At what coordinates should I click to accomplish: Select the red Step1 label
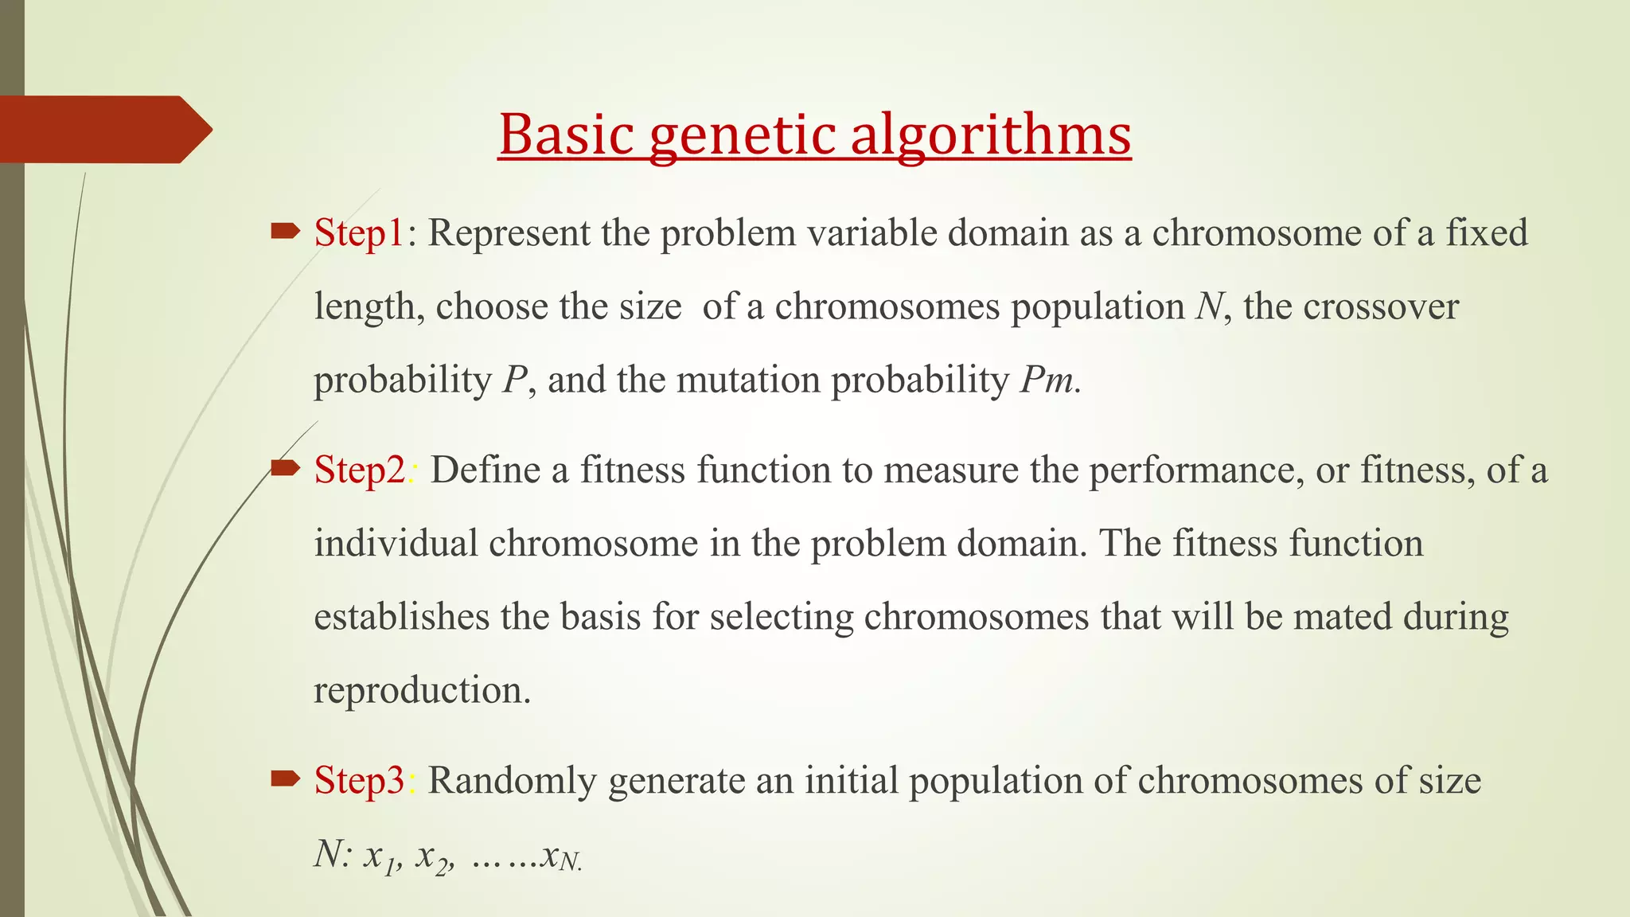click(x=360, y=233)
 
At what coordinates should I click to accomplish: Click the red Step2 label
click(x=360, y=470)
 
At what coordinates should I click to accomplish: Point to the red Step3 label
click(x=360, y=780)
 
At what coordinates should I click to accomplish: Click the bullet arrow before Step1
click(x=285, y=232)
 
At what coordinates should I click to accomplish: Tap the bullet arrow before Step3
click(x=285, y=778)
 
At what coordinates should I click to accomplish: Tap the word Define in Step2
click(x=485, y=470)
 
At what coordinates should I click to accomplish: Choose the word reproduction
click(x=421, y=690)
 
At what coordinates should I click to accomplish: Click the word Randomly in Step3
click(x=512, y=780)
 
